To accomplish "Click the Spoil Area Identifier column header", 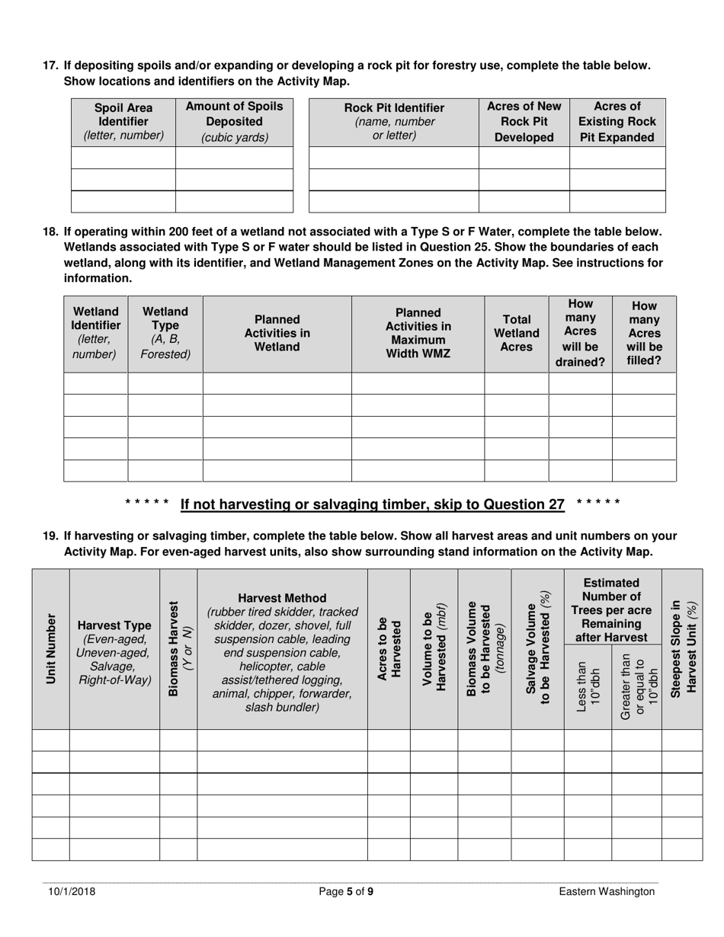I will [123, 122].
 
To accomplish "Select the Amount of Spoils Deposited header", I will [234, 122].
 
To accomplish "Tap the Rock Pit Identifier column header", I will [394, 122].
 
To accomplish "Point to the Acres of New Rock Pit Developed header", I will [524, 122].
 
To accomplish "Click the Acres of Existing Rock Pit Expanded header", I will [617, 122].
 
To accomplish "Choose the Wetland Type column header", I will [165, 333].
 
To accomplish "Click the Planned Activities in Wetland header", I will [277, 333].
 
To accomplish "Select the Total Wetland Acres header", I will [516, 333].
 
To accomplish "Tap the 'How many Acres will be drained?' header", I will [580, 333].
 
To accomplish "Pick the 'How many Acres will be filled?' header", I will [644, 333].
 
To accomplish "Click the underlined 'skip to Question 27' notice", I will [372, 504].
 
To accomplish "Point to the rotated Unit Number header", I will [51, 648].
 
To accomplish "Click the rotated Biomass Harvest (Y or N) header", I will [178, 648].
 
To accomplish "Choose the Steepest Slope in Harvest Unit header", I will [683, 648].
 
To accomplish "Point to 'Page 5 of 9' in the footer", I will [346, 891].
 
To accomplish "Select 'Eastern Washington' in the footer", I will [606, 891].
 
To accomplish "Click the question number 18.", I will [50, 232].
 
